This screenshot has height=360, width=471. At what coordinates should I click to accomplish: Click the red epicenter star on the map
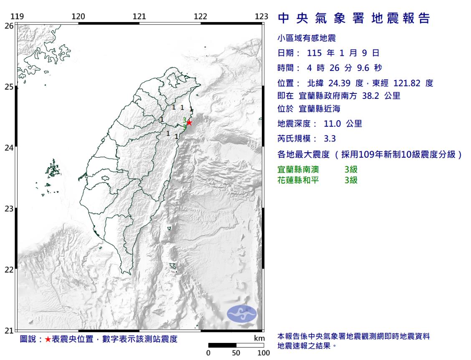point(189,123)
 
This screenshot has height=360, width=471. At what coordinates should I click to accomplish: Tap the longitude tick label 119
point(17,16)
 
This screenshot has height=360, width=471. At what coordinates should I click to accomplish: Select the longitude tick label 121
point(139,16)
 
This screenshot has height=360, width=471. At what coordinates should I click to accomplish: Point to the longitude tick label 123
point(261,16)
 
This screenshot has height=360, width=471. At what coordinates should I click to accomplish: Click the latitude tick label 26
point(8,25)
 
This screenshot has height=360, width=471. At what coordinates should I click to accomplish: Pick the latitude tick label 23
point(8,209)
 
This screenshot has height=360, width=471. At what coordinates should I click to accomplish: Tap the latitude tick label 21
point(8,331)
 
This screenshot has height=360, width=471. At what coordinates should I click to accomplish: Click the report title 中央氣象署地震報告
point(354,19)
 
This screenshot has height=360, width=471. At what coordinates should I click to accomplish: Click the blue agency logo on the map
point(242,314)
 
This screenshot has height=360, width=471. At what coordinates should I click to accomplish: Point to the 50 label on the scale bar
point(236,353)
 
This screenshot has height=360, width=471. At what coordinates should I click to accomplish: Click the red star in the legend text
point(48,339)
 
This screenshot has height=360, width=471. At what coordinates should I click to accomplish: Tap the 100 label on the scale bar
point(263,353)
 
